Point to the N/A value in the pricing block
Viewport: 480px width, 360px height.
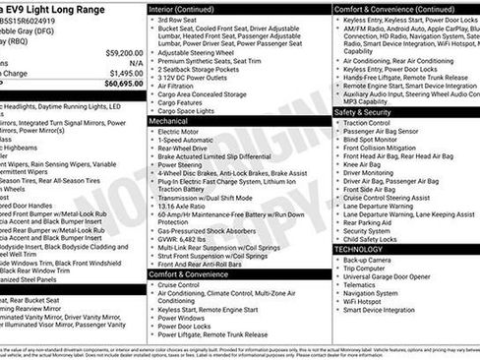(x=134, y=62)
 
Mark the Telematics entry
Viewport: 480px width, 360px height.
(x=361, y=283)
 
